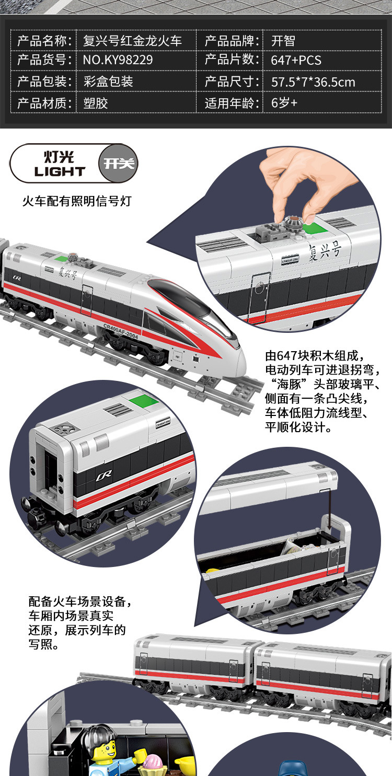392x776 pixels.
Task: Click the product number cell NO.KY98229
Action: coord(118,60)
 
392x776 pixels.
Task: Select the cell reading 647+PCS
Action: coord(296,60)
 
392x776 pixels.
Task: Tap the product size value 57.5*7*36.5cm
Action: coord(313,82)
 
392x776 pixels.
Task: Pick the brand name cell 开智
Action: coord(283,41)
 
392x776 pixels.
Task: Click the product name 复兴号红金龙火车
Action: coord(132,41)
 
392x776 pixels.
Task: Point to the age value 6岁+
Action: coord(284,102)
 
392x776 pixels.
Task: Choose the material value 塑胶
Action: coord(95,102)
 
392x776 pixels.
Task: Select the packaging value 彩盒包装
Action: coord(108,82)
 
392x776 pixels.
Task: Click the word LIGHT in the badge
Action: coord(60,171)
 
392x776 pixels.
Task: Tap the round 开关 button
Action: coord(119,164)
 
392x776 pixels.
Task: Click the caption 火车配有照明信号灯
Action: coord(76,201)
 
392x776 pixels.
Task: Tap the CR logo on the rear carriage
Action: coord(102,477)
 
